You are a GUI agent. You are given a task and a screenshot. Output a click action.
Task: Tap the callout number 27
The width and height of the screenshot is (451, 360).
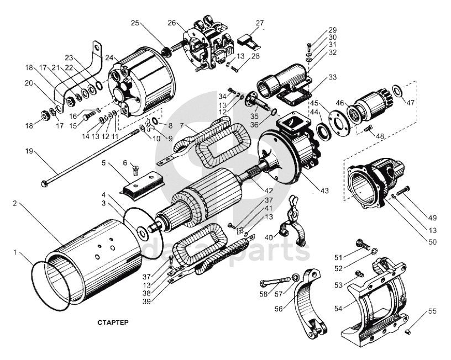click(259, 23)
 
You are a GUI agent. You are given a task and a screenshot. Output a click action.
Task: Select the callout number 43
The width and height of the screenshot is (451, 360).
click(324, 190)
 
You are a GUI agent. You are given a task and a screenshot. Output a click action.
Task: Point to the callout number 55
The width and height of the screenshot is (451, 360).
click(432, 311)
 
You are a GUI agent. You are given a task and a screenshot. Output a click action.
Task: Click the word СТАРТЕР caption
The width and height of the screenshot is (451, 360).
click(113, 322)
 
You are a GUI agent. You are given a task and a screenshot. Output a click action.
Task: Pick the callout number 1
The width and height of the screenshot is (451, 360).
click(15, 252)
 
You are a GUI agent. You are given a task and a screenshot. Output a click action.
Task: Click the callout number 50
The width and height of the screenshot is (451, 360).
click(432, 242)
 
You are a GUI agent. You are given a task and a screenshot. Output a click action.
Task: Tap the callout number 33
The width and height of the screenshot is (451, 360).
click(332, 77)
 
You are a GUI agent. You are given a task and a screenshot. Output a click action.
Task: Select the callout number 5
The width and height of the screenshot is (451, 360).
click(103, 163)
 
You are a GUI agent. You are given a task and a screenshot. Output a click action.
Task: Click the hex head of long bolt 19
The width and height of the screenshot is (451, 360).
click(44, 183)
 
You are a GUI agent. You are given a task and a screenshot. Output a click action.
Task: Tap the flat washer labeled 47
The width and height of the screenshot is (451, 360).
click(397, 91)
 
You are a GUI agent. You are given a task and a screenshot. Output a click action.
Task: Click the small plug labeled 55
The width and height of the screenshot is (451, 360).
click(407, 332)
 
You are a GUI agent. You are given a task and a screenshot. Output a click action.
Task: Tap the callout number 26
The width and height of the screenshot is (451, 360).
click(172, 23)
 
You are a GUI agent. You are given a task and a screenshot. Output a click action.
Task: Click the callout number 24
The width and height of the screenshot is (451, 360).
click(109, 57)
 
